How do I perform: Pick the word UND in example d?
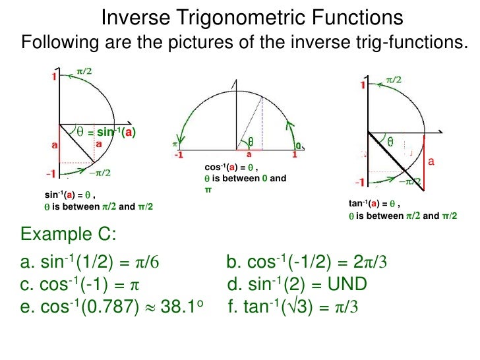click(x=347, y=285)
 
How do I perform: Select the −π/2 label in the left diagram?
click(x=100, y=173)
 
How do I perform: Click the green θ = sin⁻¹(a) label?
click(x=106, y=131)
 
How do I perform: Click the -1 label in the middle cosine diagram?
click(x=178, y=155)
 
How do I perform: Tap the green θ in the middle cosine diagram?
click(x=251, y=141)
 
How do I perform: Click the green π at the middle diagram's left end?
click(x=175, y=144)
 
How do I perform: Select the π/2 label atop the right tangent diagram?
click(x=394, y=79)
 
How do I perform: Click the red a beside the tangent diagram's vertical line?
click(x=432, y=161)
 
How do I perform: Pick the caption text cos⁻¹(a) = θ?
click(x=230, y=167)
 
